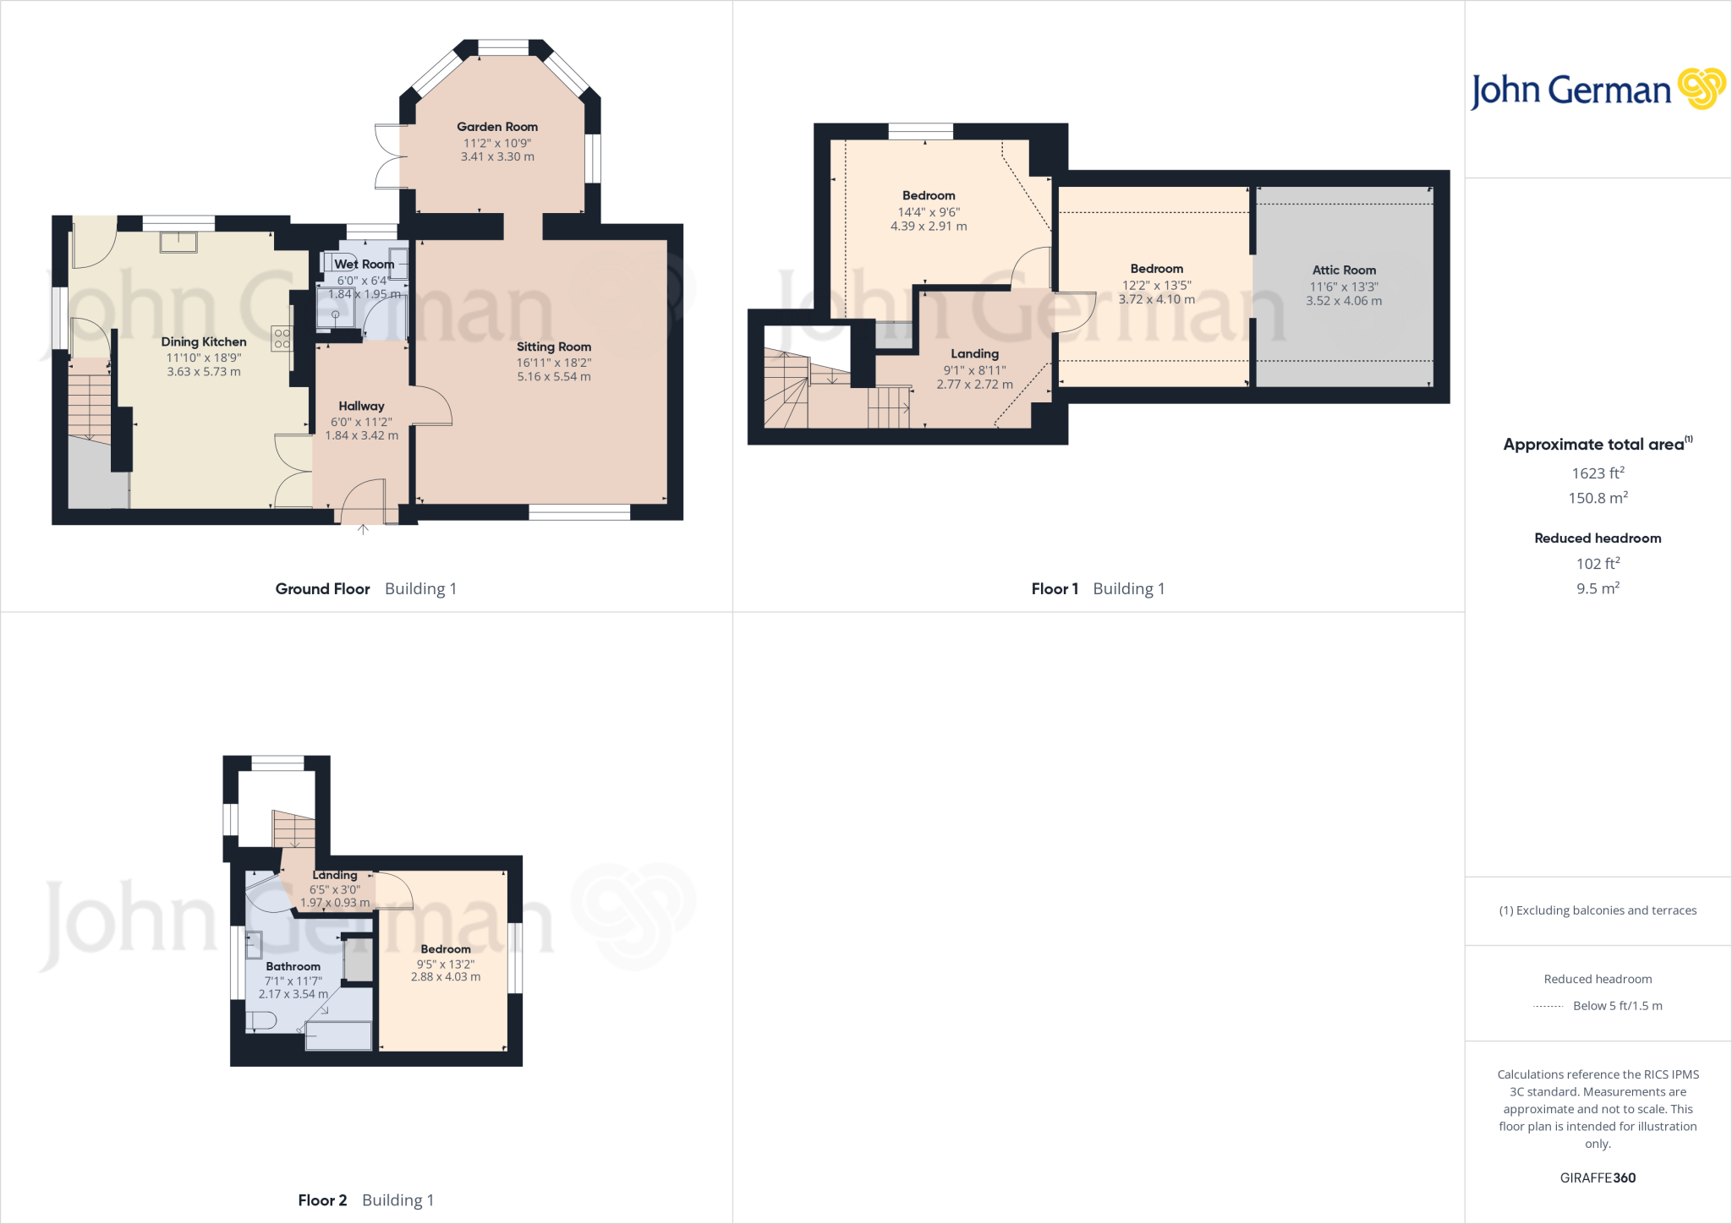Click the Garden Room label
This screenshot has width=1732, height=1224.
497,127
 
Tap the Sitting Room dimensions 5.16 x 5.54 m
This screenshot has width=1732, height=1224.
554,377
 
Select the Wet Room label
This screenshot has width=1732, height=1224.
364,265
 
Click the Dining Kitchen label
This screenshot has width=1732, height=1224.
204,342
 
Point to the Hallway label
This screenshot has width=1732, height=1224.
361,407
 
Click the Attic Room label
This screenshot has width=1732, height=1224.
1344,270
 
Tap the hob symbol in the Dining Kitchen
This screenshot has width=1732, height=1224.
282,339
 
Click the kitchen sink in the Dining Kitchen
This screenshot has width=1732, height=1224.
178,242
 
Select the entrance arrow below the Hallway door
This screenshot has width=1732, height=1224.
363,530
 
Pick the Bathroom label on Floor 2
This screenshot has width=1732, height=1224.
293,966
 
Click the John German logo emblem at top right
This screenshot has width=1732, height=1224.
1701,89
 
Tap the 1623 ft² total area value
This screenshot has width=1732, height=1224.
1598,473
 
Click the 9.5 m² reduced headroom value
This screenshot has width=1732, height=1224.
1598,588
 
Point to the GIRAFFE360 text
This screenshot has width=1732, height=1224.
1598,1178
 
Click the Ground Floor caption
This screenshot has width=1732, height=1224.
322,589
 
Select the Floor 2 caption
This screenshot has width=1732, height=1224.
322,1200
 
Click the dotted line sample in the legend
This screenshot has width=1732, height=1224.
1548,1006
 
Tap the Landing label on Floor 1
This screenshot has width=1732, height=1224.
974,354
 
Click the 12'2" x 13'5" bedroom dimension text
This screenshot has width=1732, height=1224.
1156,286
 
